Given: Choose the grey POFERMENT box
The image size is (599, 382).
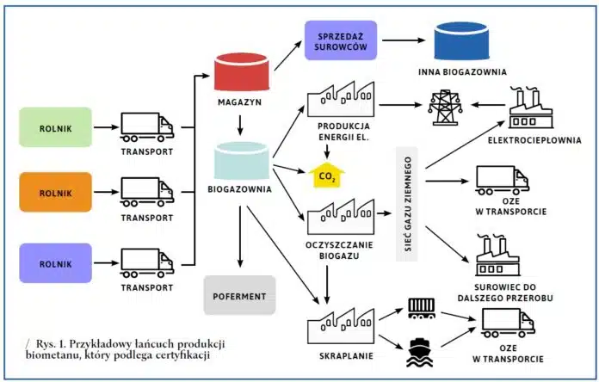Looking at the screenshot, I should tap(239, 295).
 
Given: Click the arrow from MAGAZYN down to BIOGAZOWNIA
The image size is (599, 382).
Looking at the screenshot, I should tap(244, 127).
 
